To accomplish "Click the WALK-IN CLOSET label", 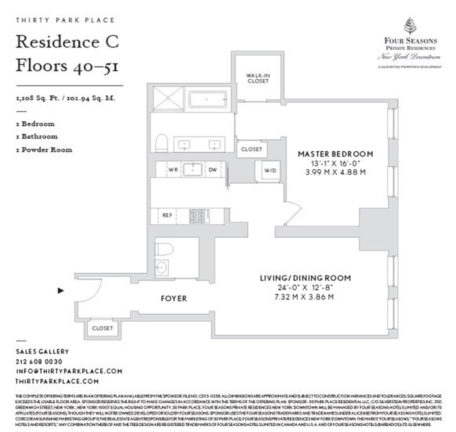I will (x=258, y=79).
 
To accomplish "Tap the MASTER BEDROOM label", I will (x=335, y=154).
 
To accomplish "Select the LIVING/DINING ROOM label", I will (x=305, y=278).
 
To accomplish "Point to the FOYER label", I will (x=174, y=299).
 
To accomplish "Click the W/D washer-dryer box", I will (x=270, y=170).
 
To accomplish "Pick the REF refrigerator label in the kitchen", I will (x=167, y=215).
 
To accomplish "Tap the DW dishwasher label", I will (x=212, y=170).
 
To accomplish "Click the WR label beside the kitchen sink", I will (x=173, y=170).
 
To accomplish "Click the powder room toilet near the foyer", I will (x=164, y=249).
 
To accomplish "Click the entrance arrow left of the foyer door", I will (x=60, y=291).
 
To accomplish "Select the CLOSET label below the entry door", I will (x=103, y=328).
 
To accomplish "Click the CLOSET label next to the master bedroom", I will (x=252, y=150).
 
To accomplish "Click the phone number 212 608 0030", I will (x=39, y=362).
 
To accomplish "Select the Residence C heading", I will (x=67, y=42).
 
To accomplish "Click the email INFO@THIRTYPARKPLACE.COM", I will (x=69, y=371).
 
